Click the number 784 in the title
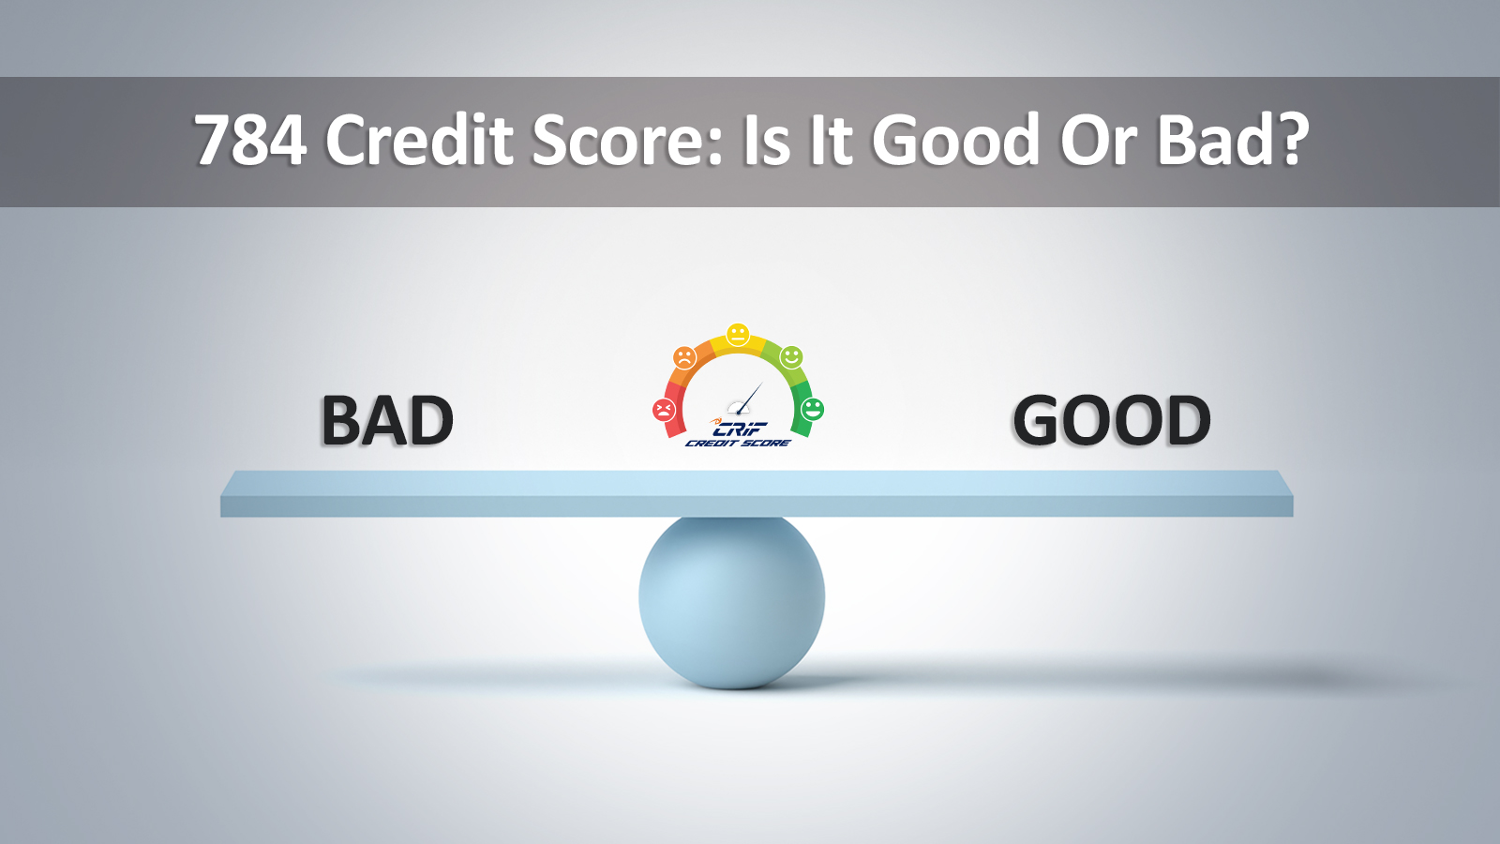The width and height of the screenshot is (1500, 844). (250, 141)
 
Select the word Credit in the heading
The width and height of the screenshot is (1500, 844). (420, 141)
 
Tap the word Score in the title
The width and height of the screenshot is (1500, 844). (626, 141)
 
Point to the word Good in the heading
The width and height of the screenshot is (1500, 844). (955, 141)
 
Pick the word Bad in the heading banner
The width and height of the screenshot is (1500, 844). (1214, 141)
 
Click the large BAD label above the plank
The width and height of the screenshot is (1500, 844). (387, 421)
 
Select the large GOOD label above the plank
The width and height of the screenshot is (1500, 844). (1112, 421)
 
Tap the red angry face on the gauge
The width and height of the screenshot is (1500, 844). (664, 410)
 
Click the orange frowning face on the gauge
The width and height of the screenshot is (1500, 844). (684, 357)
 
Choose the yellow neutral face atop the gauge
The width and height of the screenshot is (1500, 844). (738, 334)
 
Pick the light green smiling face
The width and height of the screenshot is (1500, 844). (791, 357)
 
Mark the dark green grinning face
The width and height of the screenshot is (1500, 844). (812, 409)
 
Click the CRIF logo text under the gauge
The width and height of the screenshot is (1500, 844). (739, 429)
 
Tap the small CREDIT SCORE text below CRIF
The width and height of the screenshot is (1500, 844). (738, 443)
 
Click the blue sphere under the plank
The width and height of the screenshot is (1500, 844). (731, 600)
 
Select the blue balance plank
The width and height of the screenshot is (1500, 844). (757, 493)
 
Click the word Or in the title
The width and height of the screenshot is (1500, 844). (1097, 141)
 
